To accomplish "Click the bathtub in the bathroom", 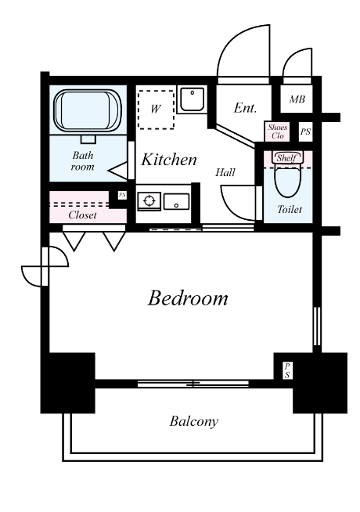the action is [x=88, y=110].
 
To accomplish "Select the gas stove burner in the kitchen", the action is [x=149, y=201].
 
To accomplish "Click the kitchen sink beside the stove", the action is [x=176, y=202].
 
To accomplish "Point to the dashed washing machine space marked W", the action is [x=156, y=110].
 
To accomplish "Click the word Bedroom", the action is [x=188, y=298].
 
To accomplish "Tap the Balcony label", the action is [x=194, y=421].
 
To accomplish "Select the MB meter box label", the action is [x=297, y=99].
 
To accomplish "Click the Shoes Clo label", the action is [x=277, y=132].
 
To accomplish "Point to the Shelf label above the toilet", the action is [x=286, y=158].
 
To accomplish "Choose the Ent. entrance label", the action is [x=245, y=108].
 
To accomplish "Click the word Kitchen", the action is [x=169, y=160].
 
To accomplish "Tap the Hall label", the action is [x=225, y=172].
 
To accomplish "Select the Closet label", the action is [x=83, y=215].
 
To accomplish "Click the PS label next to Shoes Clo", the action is [x=305, y=132].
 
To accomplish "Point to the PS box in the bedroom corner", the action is [x=287, y=370].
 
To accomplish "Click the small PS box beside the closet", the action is [x=122, y=195].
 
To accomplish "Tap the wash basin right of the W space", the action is [x=193, y=99].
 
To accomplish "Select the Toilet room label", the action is [x=290, y=209].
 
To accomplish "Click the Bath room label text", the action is [x=83, y=161].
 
